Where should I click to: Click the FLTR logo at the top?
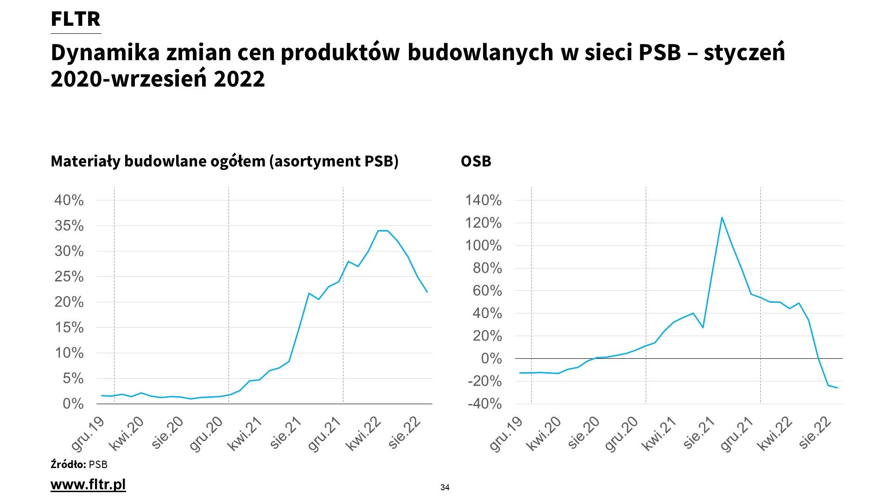tap(76, 19)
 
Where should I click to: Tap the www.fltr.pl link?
tap(88, 484)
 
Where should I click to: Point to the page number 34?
tap(445, 487)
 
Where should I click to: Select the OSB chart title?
tap(476, 161)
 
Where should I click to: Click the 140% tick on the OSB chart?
tap(483, 200)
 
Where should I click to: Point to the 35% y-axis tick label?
tap(69, 226)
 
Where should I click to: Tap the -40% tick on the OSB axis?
tap(484, 404)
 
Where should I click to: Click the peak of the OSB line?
tap(722, 218)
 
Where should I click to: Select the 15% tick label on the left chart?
tap(69, 328)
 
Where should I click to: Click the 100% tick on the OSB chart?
tap(483, 246)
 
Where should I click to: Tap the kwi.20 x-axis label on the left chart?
tap(126, 432)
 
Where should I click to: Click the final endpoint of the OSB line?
tap(837, 387)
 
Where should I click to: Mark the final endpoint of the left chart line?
tap(427, 292)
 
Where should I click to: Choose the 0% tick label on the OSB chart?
tap(491, 359)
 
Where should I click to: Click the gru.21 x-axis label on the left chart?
tap(324, 433)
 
